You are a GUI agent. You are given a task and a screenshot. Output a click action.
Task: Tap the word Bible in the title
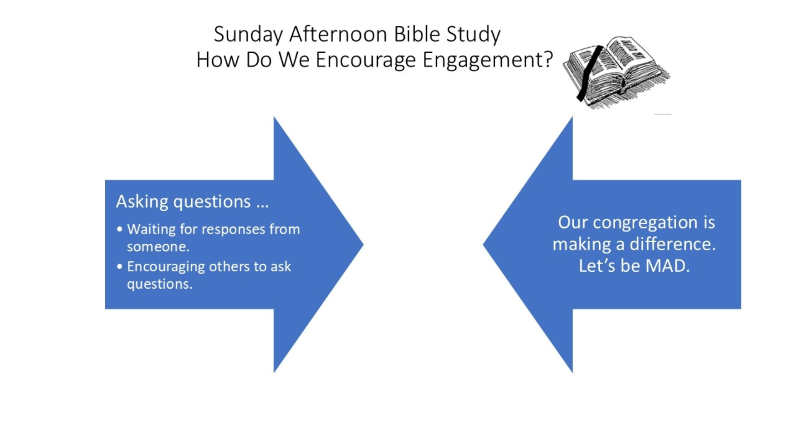click(x=417, y=34)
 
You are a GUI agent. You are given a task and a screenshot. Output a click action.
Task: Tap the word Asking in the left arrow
click(x=142, y=202)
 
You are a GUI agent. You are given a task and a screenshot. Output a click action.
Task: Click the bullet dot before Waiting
click(x=120, y=229)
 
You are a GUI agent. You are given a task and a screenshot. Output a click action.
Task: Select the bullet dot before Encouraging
click(x=120, y=266)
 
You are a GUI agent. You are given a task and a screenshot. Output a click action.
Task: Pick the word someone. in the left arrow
click(x=158, y=247)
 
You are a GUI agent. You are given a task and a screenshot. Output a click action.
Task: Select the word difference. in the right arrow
click(x=672, y=244)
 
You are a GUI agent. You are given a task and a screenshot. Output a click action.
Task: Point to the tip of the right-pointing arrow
click(x=364, y=244)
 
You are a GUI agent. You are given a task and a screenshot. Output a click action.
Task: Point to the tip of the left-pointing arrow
click(x=483, y=244)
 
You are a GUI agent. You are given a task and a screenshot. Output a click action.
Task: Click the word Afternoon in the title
click(x=338, y=34)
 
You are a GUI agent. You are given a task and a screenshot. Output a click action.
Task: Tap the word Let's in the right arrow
click(x=597, y=266)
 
